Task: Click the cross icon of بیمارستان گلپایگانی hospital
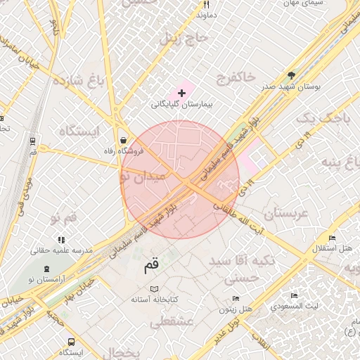181,93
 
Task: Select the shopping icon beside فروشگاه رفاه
124,139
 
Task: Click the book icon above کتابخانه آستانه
155,288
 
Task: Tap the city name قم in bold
151,266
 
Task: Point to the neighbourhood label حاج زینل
185,39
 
